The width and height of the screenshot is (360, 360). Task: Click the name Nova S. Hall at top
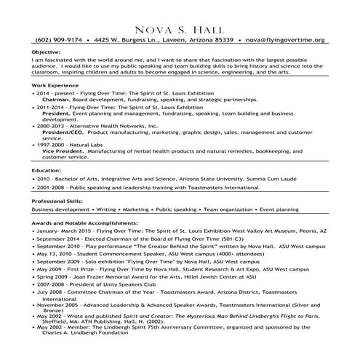[x=180, y=27]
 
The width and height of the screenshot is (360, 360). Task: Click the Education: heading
[x=47, y=169]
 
